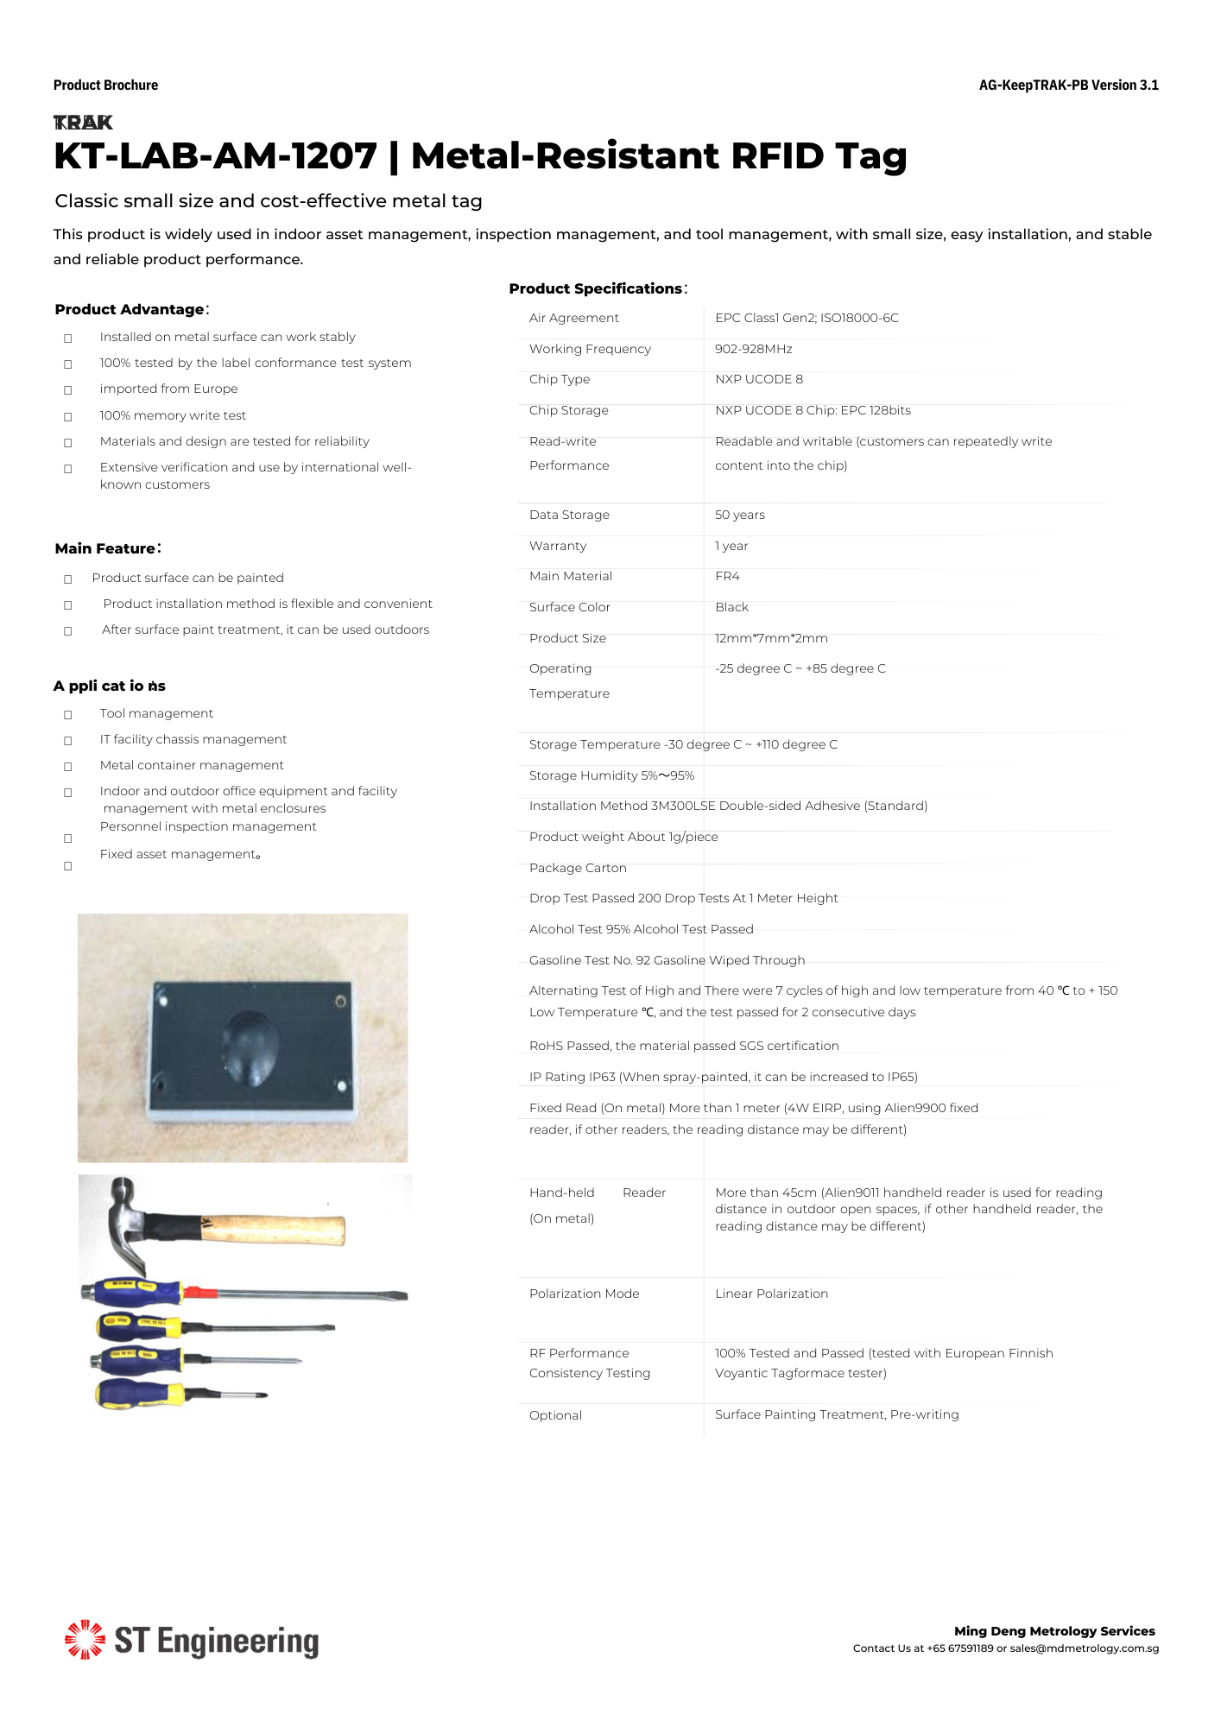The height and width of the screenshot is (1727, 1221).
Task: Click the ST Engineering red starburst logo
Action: click(85, 1639)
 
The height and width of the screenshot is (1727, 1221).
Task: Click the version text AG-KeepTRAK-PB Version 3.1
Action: click(1068, 85)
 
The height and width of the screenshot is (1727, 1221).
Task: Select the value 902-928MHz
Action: click(753, 349)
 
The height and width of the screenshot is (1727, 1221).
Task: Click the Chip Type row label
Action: click(560, 379)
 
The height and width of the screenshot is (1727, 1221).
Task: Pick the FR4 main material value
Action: click(727, 576)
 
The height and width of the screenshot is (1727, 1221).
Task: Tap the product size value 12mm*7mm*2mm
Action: click(771, 638)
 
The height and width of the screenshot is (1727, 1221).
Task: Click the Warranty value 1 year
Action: click(731, 546)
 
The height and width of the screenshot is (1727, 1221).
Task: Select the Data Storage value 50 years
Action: click(739, 515)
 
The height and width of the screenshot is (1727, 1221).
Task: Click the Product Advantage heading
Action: click(130, 309)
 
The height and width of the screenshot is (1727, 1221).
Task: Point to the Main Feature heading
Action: click(105, 548)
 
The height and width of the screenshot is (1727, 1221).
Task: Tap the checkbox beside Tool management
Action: click(68, 715)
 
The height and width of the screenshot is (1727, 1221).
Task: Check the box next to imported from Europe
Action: click(68, 390)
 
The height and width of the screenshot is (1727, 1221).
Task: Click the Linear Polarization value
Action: click(771, 1294)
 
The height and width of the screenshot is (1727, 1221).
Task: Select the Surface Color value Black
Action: click(731, 607)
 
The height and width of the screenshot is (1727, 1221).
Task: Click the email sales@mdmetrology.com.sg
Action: click(1084, 1648)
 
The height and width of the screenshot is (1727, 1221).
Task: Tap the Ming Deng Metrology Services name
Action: click(1054, 1631)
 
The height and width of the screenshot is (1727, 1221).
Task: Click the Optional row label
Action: click(555, 1415)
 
